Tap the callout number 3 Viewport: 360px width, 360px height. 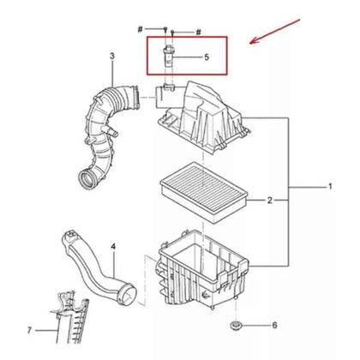(x=111, y=57)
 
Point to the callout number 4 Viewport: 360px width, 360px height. (x=112, y=248)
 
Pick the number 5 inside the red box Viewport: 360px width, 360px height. (x=206, y=57)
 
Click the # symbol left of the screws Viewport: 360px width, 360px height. (x=139, y=28)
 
